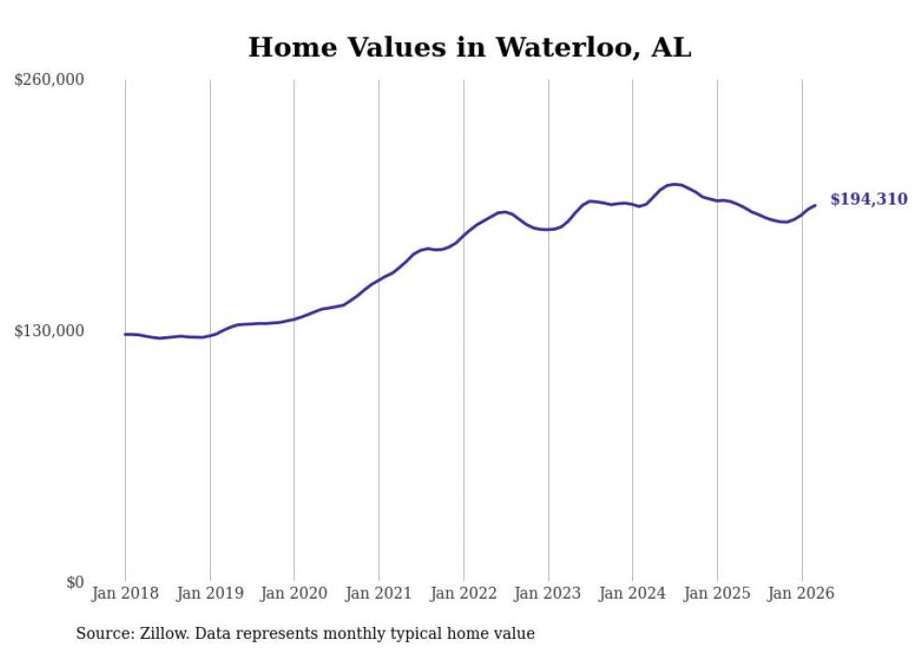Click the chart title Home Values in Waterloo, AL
pos(470,48)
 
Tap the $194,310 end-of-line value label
pos(868,199)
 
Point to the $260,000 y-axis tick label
pos(49,79)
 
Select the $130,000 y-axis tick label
pos(49,331)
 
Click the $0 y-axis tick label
pos(75,582)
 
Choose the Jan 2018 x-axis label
pos(125,593)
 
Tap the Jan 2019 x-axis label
pos(210,593)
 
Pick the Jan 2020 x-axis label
pos(294,593)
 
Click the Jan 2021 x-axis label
pos(379,593)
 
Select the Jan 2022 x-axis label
pos(464,593)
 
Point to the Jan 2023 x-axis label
pos(548,593)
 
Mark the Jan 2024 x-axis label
pos(633,593)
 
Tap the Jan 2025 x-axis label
pos(717,593)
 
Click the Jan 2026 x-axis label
pos(802,593)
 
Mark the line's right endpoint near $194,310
pos(815,206)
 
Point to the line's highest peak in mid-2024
pos(674,184)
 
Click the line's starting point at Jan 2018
pos(125,334)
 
